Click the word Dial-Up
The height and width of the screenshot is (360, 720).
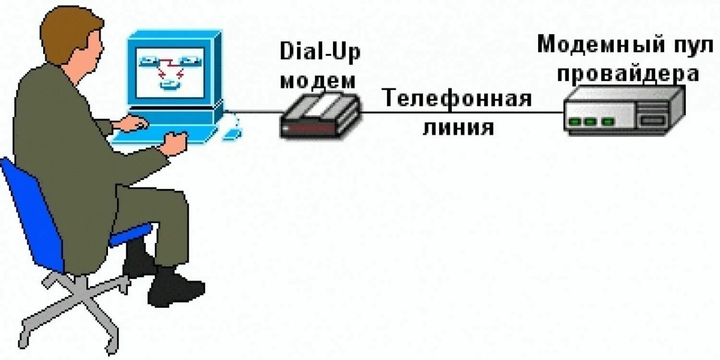(x=320, y=52)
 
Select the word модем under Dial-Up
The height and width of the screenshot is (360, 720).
(x=318, y=80)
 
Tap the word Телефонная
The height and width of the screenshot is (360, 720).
(x=457, y=99)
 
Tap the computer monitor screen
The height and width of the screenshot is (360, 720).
(x=170, y=72)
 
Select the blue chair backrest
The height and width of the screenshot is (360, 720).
(x=31, y=211)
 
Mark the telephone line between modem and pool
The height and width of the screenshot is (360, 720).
(x=461, y=113)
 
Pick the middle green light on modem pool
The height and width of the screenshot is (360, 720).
(x=589, y=121)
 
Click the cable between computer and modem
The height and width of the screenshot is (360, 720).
(x=254, y=113)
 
